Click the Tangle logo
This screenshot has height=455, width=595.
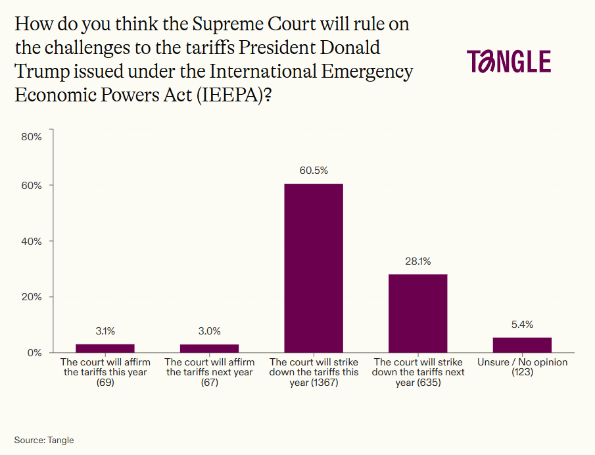click(x=509, y=61)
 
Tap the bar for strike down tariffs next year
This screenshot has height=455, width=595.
click(x=418, y=313)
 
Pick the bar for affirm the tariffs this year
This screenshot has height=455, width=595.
click(x=105, y=348)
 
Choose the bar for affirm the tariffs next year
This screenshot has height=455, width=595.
click(x=209, y=348)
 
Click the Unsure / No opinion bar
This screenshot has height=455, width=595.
click(x=522, y=345)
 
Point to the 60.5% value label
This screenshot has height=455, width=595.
click(x=314, y=171)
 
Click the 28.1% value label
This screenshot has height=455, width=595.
click(x=418, y=261)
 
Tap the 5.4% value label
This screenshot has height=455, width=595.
click(x=522, y=325)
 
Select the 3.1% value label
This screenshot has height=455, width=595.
click(x=105, y=331)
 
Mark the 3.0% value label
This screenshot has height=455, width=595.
click(x=209, y=331)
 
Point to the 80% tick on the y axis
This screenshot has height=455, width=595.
click(x=32, y=137)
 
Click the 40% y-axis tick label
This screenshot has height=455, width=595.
click(x=32, y=241)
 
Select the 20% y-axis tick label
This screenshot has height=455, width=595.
click(x=32, y=297)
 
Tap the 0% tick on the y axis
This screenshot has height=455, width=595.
click(x=34, y=352)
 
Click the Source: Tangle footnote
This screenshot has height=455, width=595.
click(x=44, y=440)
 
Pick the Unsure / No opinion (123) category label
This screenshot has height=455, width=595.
click(x=522, y=367)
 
